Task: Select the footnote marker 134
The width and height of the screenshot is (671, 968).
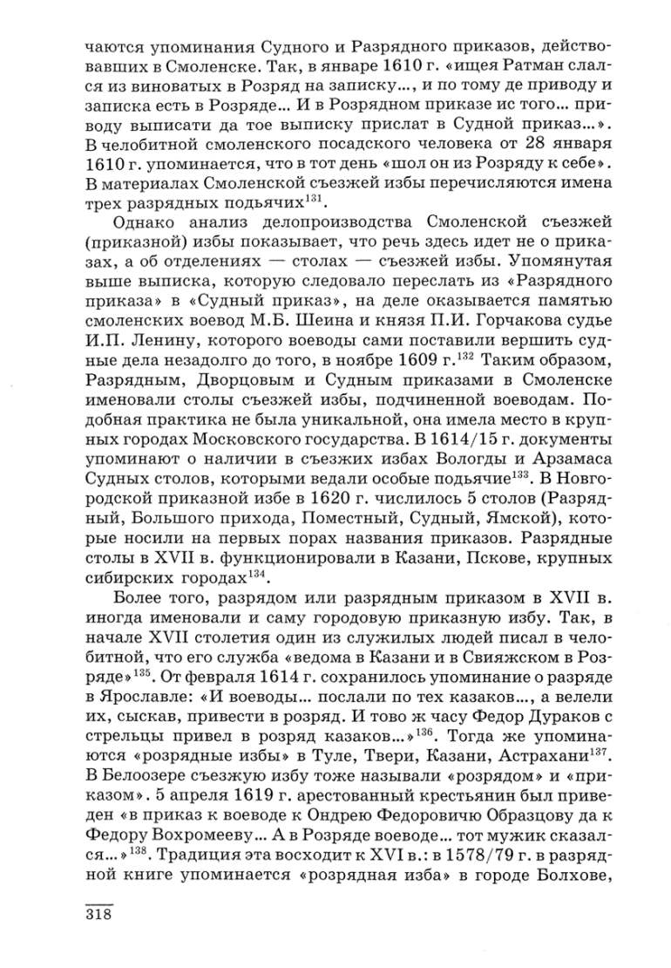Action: click(258, 575)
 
